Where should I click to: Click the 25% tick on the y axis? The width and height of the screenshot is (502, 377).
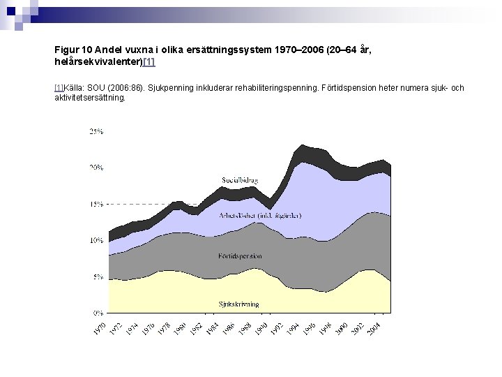tap(96, 131)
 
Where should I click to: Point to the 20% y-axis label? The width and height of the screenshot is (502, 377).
tap(96, 168)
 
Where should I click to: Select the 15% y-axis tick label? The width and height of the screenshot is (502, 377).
tap(96, 204)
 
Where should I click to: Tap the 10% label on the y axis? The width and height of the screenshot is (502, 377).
tap(96, 240)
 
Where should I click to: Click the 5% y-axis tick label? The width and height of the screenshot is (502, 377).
tap(98, 276)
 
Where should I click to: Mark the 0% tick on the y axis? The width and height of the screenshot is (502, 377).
tap(98, 313)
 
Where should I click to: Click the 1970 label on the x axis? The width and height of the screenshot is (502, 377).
tap(100, 327)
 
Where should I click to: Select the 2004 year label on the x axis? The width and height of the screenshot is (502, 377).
tap(374, 327)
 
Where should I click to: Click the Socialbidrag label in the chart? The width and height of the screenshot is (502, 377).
tap(240, 180)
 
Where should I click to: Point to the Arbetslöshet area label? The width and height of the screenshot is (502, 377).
tap(260, 216)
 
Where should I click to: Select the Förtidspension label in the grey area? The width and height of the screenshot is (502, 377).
tap(240, 256)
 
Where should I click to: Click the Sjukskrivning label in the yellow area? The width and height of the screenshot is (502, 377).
tap(238, 304)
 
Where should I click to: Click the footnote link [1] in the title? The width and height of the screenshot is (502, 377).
tap(149, 62)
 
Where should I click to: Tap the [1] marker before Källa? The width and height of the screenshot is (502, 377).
tap(59, 88)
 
